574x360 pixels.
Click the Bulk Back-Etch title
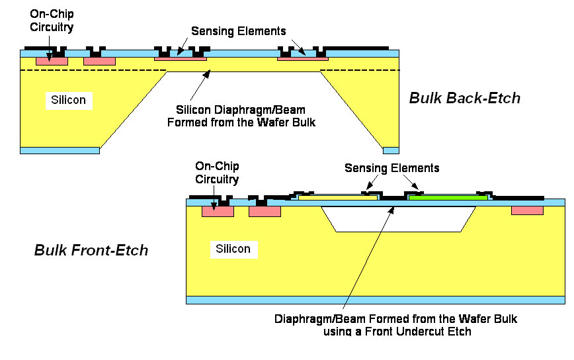[464, 99]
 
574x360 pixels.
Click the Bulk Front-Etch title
[91, 251]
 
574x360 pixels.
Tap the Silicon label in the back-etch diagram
[69, 100]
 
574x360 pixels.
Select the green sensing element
[448, 197]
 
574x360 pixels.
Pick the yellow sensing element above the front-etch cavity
[338, 197]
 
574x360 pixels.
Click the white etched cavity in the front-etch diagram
[397, 218]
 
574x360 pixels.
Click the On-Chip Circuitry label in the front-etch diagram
[218, 172]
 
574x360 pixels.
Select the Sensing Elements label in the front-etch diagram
[391, 168]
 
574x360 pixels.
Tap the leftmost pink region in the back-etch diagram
[51, 61]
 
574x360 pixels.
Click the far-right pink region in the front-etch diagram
[527, 210]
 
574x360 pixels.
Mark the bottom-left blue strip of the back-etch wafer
[60, 150]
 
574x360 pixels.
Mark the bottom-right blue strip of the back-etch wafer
[391, 150]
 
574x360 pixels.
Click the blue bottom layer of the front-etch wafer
[375, 300]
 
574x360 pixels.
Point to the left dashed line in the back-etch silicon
[93, 71]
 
